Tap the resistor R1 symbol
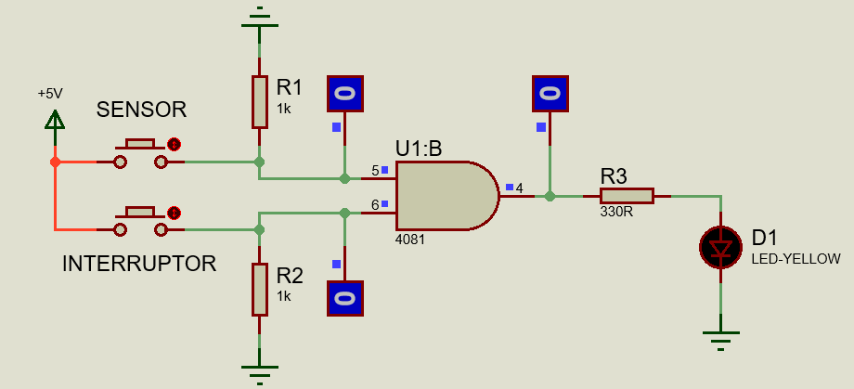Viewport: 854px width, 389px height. click(260, 102)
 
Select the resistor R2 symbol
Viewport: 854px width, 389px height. click(260, 289)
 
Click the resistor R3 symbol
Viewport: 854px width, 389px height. click(626, 196)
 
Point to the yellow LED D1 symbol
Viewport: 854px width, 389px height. click(720, 247)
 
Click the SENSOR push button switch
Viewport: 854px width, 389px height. click(141, 154)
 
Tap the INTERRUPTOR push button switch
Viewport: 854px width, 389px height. click(141, 221)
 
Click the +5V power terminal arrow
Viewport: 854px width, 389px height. click(55, 121)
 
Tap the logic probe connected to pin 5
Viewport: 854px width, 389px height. click(344, 94)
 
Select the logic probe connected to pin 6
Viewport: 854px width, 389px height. click(344, 299)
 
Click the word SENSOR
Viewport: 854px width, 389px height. click(141, 110)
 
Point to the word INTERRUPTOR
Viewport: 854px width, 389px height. click(139, 264)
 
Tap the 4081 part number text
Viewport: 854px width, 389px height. click(410, 239)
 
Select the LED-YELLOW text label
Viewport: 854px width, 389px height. click(796, 259)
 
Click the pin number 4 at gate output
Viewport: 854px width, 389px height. click(519, 188)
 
